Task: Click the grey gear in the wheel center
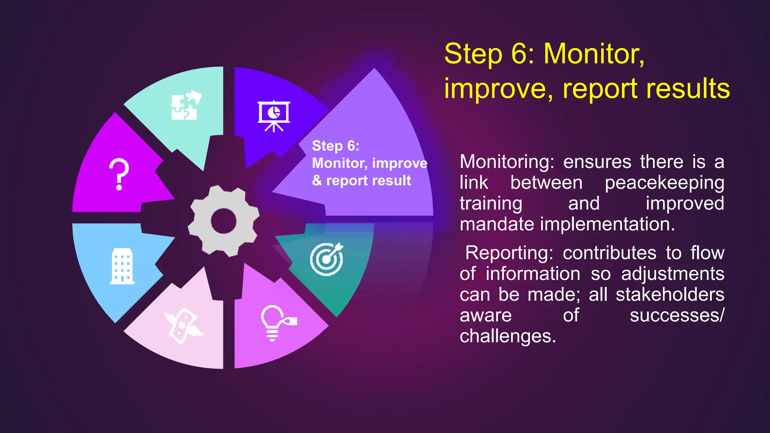coord(223,221)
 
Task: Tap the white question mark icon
coord(119,174)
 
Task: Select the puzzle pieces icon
coord(186,106)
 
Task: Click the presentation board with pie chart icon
coord(274,116)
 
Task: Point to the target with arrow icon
coord(327,259)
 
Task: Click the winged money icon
coord(183,326)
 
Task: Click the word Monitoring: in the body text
coord(507,162)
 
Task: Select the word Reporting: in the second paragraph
coord(509,253)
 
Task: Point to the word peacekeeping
coord(664,183)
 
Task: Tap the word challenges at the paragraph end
coord(507,336)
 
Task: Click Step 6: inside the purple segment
coord(335,146)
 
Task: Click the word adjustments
coord(672,274)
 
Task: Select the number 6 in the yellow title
coord(519,55)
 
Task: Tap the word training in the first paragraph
coord(491,204)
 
